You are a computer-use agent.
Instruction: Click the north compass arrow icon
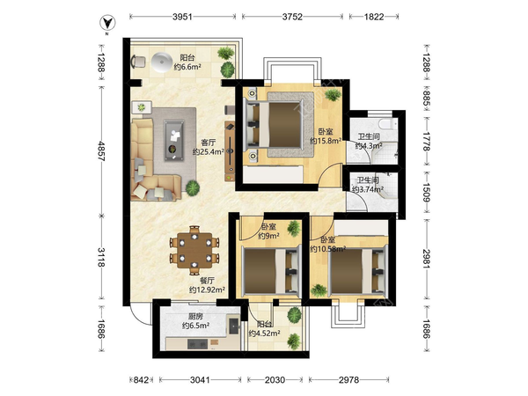107,23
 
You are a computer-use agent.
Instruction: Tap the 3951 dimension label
182,17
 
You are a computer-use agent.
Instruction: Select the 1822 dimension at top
374,17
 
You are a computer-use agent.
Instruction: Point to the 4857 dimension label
101,150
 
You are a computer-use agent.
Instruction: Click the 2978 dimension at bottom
348,380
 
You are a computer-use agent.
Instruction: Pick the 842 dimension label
141,380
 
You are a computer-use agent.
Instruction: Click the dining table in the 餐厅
194,251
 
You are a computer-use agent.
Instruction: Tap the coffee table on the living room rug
173,140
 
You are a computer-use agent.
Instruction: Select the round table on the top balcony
162,62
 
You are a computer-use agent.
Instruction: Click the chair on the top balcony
138,62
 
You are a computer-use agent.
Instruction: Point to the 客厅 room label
208,143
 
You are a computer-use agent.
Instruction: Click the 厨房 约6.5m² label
196,321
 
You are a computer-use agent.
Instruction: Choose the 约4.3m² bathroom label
369,146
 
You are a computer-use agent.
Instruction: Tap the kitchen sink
234,325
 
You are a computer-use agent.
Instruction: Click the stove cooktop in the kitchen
198,344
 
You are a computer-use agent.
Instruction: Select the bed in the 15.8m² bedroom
274,125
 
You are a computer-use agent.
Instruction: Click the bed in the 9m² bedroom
270,271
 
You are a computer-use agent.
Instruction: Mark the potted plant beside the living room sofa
193,188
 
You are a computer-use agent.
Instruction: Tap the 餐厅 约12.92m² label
208,285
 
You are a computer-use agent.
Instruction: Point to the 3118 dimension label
101,257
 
